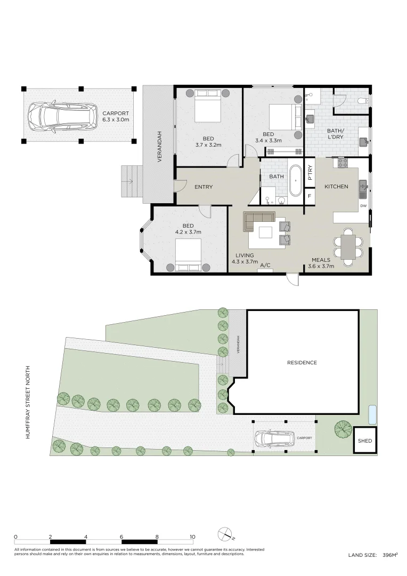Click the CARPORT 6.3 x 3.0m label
pyautogui.click(x=116, y=116)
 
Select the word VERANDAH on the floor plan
pyautogui.click(x=159, y=147)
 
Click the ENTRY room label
pyautogui.click(x=203, y=187)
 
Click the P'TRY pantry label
pyautogui.click(x=310, y=172)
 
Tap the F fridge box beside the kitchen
pyautogui.click(x=310, y=196)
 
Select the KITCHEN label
pyautogui.click(x=336, y=187)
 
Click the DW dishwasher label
pyautogui.click(x=363, y=206)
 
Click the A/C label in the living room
pyautogui.click(x=265, y=265)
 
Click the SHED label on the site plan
pyautogui.click(x=365, y=441)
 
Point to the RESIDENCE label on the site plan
pyautogui.click(x=302, y=363)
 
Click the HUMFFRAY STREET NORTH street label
pyautogui.click(x=28, y=402)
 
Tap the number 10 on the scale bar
pyautogui.click(x=192, y=537)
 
